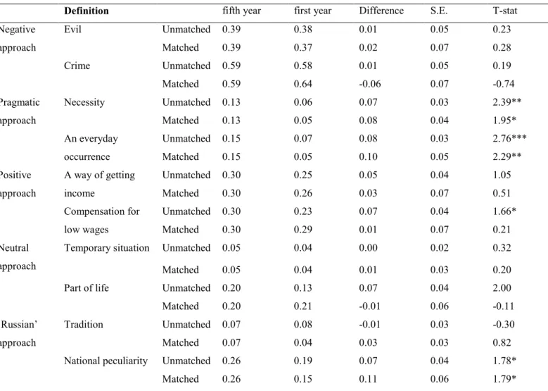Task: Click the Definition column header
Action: coord(87,11)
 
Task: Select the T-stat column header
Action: coord(505,11)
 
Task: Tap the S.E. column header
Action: coord(438,11)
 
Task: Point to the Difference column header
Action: coord(381,11)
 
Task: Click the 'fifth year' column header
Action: coord(241,11)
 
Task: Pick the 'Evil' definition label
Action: coord(72,29)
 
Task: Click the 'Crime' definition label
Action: coord(77,66)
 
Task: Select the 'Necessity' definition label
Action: coord(84,102)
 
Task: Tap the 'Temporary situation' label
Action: coord(107,248)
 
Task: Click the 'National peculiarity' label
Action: coord(106,361)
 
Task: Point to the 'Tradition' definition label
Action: coord(84,324)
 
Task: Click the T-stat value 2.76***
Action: coord(509,138)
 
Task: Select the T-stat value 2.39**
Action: coord(507,102)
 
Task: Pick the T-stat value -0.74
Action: coord(504,84)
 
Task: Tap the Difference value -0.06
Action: coord(370,84)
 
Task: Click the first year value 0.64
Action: coord(303,84)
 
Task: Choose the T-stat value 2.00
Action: coord(502,287)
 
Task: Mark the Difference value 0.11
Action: coord(368,379)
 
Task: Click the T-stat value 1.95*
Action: coord(504,120)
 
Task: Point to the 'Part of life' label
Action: coord(87,287)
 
